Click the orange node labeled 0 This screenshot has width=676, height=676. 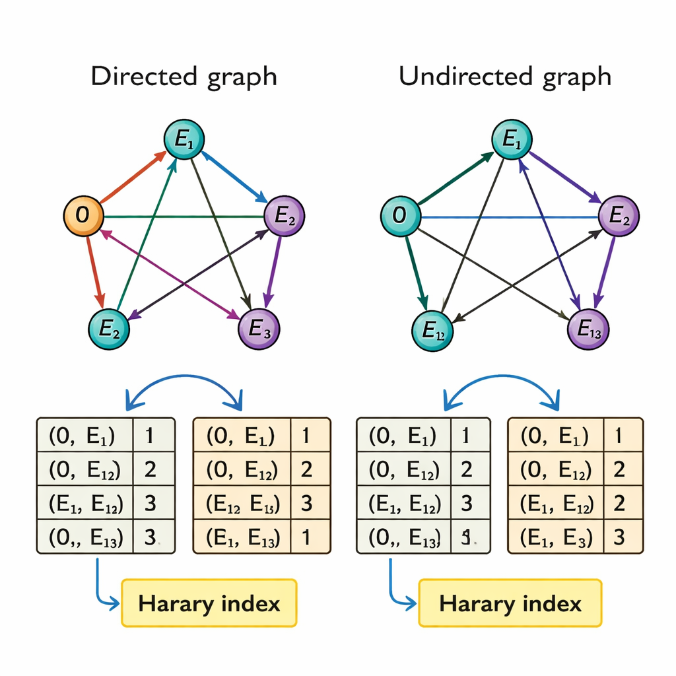83,215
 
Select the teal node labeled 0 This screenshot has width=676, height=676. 400,215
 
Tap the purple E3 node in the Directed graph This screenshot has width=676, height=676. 258,327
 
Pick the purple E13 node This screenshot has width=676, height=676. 588,327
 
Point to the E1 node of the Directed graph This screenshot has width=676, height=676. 184,139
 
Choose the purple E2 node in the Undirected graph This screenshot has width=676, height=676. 619,216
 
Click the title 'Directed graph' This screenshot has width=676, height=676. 184,77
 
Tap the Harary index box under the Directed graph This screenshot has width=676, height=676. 209,603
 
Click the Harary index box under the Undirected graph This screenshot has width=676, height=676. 510,603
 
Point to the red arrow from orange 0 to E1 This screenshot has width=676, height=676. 132,177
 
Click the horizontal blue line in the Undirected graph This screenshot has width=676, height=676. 508,217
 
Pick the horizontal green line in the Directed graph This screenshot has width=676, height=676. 185,216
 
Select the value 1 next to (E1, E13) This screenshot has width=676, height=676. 306,537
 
